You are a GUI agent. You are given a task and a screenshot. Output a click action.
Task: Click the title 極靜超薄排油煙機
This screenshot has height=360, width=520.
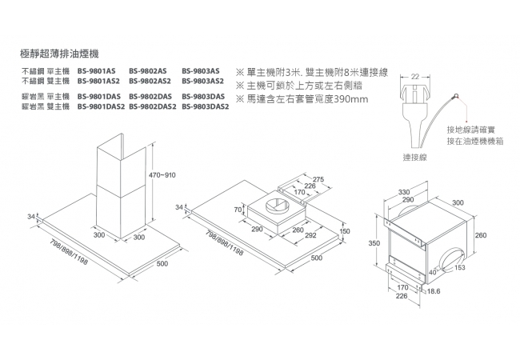click(58, 53)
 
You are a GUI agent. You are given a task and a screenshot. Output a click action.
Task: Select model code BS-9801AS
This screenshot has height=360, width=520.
click(97, 71)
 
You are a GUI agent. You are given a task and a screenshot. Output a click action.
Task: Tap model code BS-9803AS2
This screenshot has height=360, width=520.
click(202, 81)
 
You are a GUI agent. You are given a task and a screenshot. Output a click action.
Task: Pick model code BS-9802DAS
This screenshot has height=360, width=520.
click(150, 97)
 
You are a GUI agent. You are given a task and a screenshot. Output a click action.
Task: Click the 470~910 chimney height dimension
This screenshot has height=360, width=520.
click(162, 174)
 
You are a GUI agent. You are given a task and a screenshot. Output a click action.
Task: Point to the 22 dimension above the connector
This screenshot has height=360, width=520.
click(415, 76)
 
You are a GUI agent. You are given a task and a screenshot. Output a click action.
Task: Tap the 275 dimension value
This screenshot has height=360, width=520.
click(318, 178)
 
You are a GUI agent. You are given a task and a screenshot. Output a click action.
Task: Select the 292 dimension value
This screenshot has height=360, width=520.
click(311, 236)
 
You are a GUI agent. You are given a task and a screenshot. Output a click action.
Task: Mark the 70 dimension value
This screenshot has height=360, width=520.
click(238, 209)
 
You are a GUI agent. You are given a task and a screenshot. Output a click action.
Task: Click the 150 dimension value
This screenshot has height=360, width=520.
click(345, 231)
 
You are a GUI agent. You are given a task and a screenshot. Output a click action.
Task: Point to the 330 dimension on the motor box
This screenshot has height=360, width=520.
click(404, 192)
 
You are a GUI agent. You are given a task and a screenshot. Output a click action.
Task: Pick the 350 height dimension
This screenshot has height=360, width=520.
click(372, 242)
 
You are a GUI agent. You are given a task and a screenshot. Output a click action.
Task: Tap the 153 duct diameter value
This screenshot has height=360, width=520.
click(459, 267)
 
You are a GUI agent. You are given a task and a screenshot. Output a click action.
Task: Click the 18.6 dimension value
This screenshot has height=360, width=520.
click(433, 292)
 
